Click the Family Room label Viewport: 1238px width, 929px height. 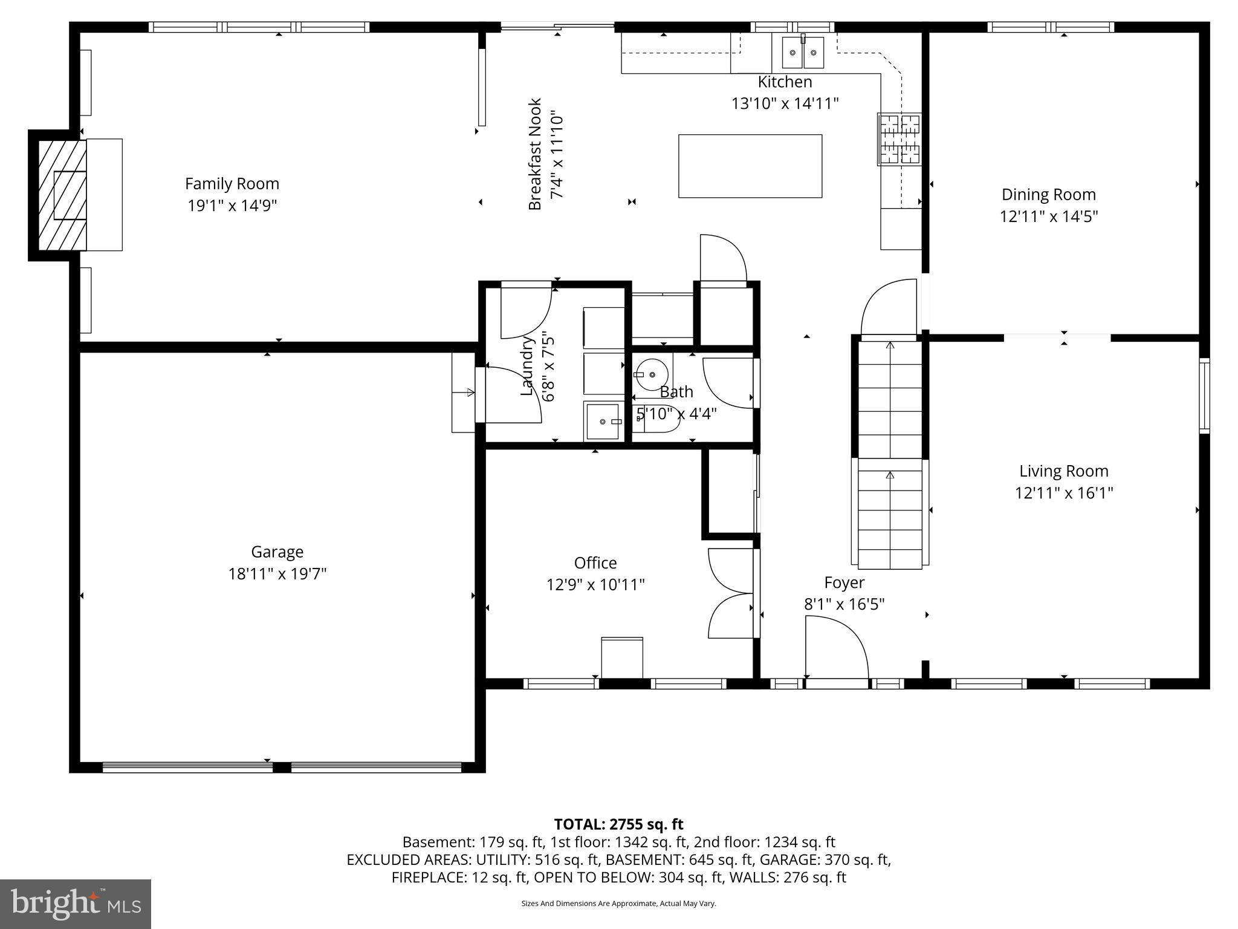[x=232, y=184]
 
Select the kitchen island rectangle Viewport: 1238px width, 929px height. [x=750, y=166]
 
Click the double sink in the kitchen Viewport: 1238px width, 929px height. [x=803, y=53]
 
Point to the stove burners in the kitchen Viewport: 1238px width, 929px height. [x=899, y=139]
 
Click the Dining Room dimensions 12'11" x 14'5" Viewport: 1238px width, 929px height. [x=1048, y=217]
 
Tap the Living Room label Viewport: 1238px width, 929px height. [x=1063, y=471]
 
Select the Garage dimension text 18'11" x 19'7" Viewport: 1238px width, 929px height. [x=277, y=573]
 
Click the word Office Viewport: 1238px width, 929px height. [x=595, y=563]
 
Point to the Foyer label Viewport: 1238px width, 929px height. [x=844, y=582]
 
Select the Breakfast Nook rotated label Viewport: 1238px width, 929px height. [x=535, y=154]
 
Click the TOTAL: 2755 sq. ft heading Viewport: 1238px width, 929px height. [x=618, y=824]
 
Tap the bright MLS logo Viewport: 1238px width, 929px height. [x=76, y=904]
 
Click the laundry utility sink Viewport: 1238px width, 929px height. [x=603, y=421]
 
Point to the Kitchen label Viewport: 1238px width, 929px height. [x=785, y=82]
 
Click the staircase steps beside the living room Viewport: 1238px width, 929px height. [x=890, y=454]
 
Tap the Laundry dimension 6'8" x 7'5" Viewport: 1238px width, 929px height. [x=548, y=367]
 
